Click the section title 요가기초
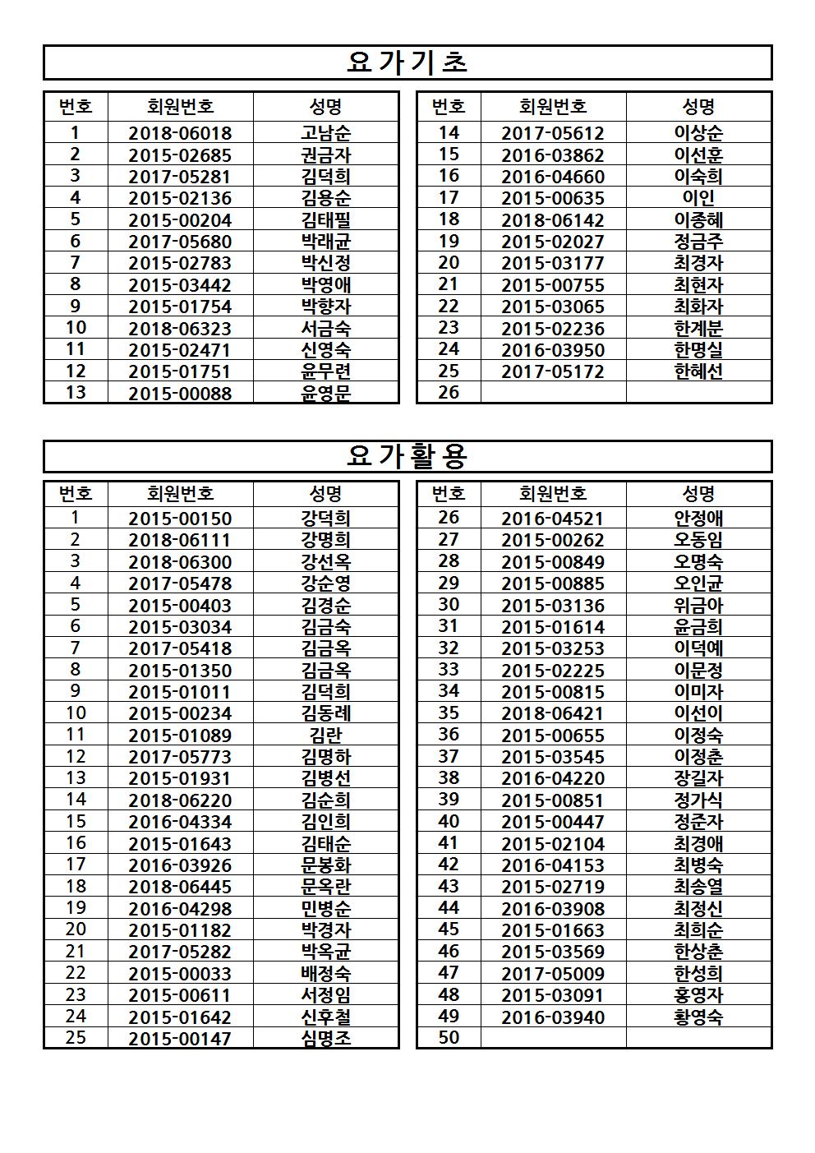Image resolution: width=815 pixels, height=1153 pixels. pyautogui.click(x=407, y=62)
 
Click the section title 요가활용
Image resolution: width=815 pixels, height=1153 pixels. pyautogui.click(x=407, y=456)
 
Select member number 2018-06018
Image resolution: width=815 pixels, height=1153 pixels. pyautogui.click(x=180, y=133)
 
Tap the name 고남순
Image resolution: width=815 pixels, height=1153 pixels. pyautogui.click(x=325, y=133)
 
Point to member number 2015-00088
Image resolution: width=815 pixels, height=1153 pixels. pyautogui.click(x=180, y=394)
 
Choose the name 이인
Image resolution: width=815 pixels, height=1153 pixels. pyautogui.click(x=698, y=198)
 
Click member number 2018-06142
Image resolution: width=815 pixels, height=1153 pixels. pyautogui.click(x=553, y=220)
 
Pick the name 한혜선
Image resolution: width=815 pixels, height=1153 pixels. pyautogui.click(x=698, y=371)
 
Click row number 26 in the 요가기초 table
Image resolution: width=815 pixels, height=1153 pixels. pyautogui.click(x=449, y=392)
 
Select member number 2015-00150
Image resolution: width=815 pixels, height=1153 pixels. pyautogui.click(x=180, y=519)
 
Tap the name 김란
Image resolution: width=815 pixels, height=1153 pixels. pyautogui.click(x=325, y=736)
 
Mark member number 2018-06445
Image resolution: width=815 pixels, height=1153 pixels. pyautogui.click(x=180, y=887)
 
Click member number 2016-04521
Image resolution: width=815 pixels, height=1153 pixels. pyautogui.click(x=553, y=519)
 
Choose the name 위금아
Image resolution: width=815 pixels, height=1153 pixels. pyautogui.click(x=698, y=606)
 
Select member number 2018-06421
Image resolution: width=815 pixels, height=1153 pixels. pyautogui.click(x=553, y=714)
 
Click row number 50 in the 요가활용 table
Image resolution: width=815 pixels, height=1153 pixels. pyautogui.click(x=449, y=1037)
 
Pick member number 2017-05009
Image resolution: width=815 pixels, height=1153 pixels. pyautogui.click(x=553, y=974)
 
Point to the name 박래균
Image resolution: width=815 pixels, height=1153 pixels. pyautogui.click(x=325, y=242)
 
